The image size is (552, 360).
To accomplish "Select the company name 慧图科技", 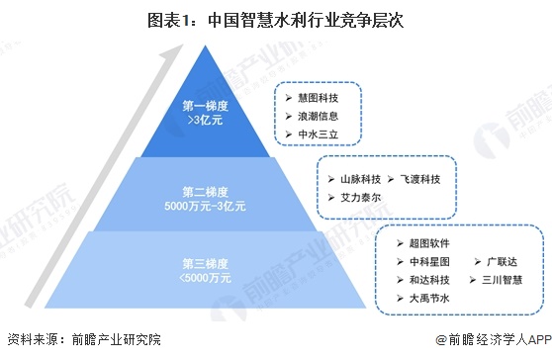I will [319, 97].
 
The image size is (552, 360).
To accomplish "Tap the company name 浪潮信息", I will [319, 115].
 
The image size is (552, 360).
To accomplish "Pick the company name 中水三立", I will [319, 133].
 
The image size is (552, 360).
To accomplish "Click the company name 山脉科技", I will [360, 179].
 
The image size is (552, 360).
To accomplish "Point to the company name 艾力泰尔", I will [360, 197].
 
